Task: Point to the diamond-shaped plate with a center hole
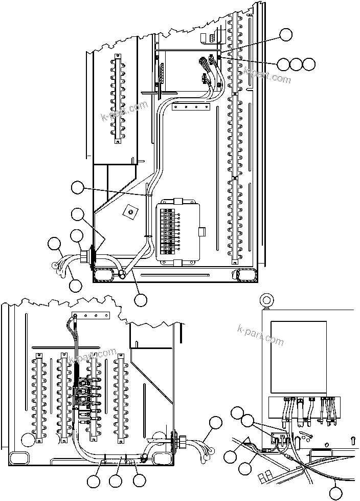tap(131, 210)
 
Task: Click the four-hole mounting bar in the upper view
tap(192, 108)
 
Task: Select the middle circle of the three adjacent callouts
tap(296, 64)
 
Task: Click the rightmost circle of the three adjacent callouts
tap(308, 64)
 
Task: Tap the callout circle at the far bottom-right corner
tap(335, 493)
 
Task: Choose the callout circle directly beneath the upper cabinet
tap(141, 299)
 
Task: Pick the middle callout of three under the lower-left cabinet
tap(116, 481)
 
